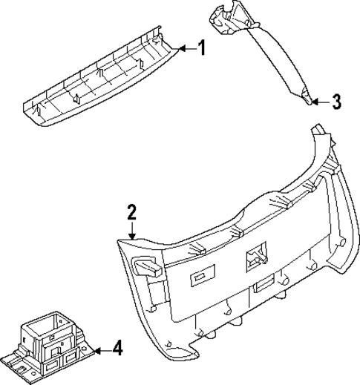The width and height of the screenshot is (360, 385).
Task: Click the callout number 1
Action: (x=201, y=49)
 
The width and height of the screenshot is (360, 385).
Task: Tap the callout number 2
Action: (x=131, y=213)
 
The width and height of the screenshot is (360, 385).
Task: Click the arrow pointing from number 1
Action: (x=185, y=49)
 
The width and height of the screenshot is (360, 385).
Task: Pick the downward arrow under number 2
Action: (x=131, y=230)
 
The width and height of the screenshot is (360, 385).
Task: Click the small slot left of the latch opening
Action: (x=201, y=277)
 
